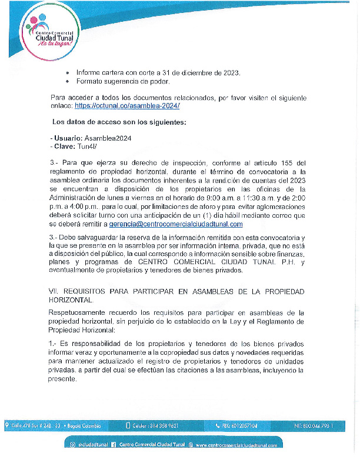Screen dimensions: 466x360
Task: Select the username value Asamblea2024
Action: click(x=108, y=138)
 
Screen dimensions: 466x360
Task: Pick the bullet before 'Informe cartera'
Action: click(x=68, y=72)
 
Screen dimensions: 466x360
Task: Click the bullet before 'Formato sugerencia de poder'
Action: click(x=68, y=81)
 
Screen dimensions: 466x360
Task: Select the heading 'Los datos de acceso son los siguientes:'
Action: click(x=111, y=122)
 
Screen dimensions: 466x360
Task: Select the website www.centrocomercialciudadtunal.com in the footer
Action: click(x=236, y=445)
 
